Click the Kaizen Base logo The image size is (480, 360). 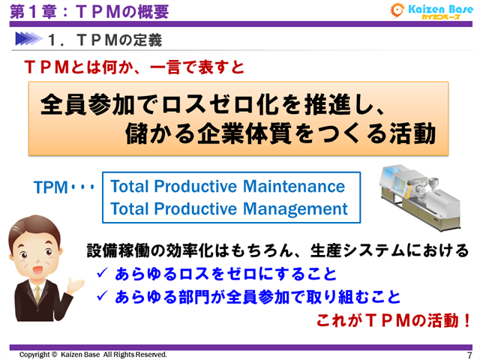[430, 11]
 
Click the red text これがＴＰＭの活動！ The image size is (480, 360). [394, 321]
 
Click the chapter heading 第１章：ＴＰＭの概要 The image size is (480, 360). [89, 11]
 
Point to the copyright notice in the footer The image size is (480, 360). [93, 354]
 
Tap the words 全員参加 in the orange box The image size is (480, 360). [82, 103]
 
